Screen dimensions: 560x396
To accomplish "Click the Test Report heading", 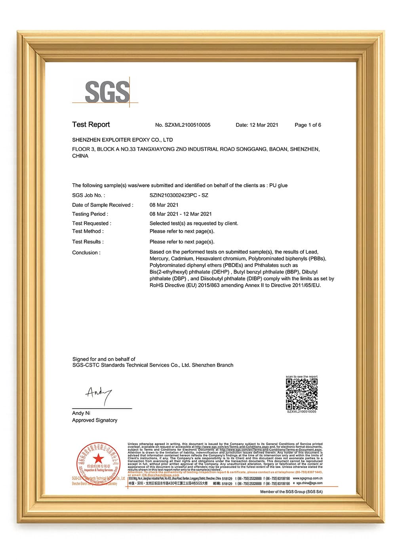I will [91, 124].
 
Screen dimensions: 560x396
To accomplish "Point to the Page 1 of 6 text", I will [308, 125].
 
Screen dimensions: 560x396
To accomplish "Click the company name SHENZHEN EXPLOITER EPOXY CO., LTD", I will [122, 140].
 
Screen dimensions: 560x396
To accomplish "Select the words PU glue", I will [278, 185].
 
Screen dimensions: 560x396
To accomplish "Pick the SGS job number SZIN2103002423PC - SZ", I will [179, 195].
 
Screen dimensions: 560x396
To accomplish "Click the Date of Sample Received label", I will [103, 205].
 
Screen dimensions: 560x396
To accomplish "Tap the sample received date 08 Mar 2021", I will [164, 205].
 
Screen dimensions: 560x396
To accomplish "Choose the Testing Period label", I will [90, 214].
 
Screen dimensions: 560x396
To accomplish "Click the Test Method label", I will [88, 231].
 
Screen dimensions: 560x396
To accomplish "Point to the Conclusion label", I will [86, 253].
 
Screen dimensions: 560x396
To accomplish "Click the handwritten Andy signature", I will [98, 394].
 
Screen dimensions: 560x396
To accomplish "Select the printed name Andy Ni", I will [81, 413].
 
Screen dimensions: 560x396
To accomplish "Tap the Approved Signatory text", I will [95, 420].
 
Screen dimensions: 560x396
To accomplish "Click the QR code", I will [302, 394].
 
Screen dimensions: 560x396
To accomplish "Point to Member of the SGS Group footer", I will [291, 492].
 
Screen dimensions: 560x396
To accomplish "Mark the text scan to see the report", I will [302, 376].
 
